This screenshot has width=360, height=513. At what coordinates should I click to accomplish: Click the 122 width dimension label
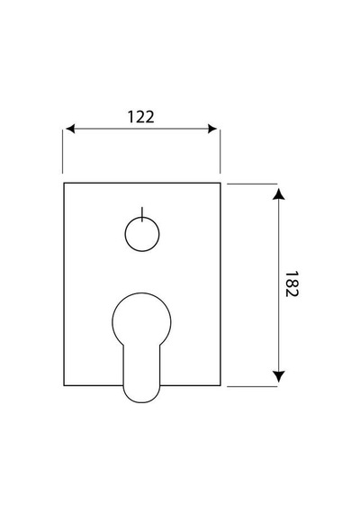pyautogui.click(x=140, y=117)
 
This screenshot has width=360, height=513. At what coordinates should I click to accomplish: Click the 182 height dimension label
pyautogui.click(x=291, y=284)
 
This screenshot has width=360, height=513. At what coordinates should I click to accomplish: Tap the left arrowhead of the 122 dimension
pyautogui.click(x=70, y=129)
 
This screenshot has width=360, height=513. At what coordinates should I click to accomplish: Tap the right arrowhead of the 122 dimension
pyautogui.click(x=212, y=129)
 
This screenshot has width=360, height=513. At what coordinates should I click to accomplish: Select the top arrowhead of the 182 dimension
pyautogui.click(x=278, y=194)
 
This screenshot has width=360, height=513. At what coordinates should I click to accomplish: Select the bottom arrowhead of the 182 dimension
pyautogui.click(x=278, y=376)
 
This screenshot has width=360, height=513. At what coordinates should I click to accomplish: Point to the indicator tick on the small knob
pyautogui.click(x=142, y=214)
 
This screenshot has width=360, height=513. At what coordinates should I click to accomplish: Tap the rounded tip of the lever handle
pyautogui.click(x=141, y=401)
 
